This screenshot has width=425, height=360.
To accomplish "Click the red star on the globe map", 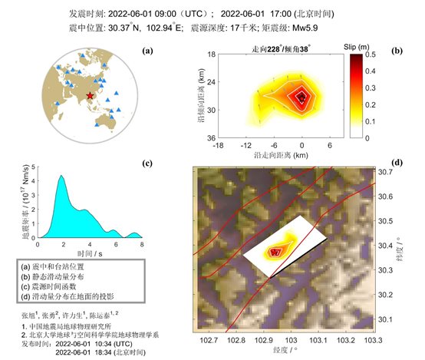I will click(x=91, y=95).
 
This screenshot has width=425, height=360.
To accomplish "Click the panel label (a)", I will click(x=148, y=51).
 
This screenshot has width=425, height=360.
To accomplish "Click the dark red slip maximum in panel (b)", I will click(x=301, y=95).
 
